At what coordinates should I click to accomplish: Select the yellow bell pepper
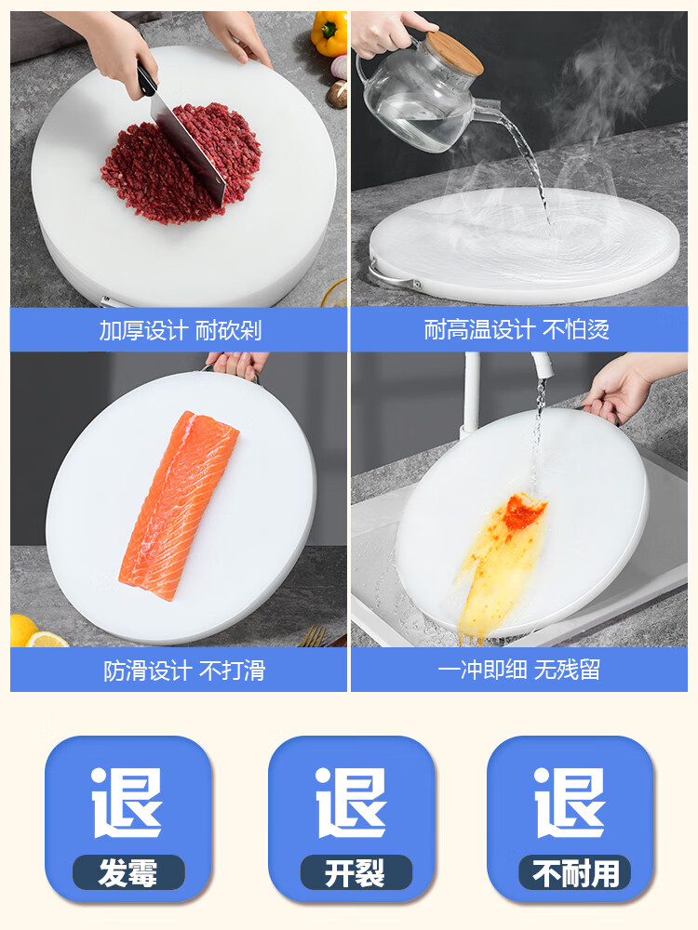click(329, 33)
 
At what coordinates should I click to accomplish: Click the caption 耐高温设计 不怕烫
click(517, 330)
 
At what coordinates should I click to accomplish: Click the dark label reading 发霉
click(128, 872)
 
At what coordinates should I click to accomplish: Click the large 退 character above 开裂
click(351, 802)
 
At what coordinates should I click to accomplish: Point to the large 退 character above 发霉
click(128, 802)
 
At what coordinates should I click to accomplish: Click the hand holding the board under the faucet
click(619, 386)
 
